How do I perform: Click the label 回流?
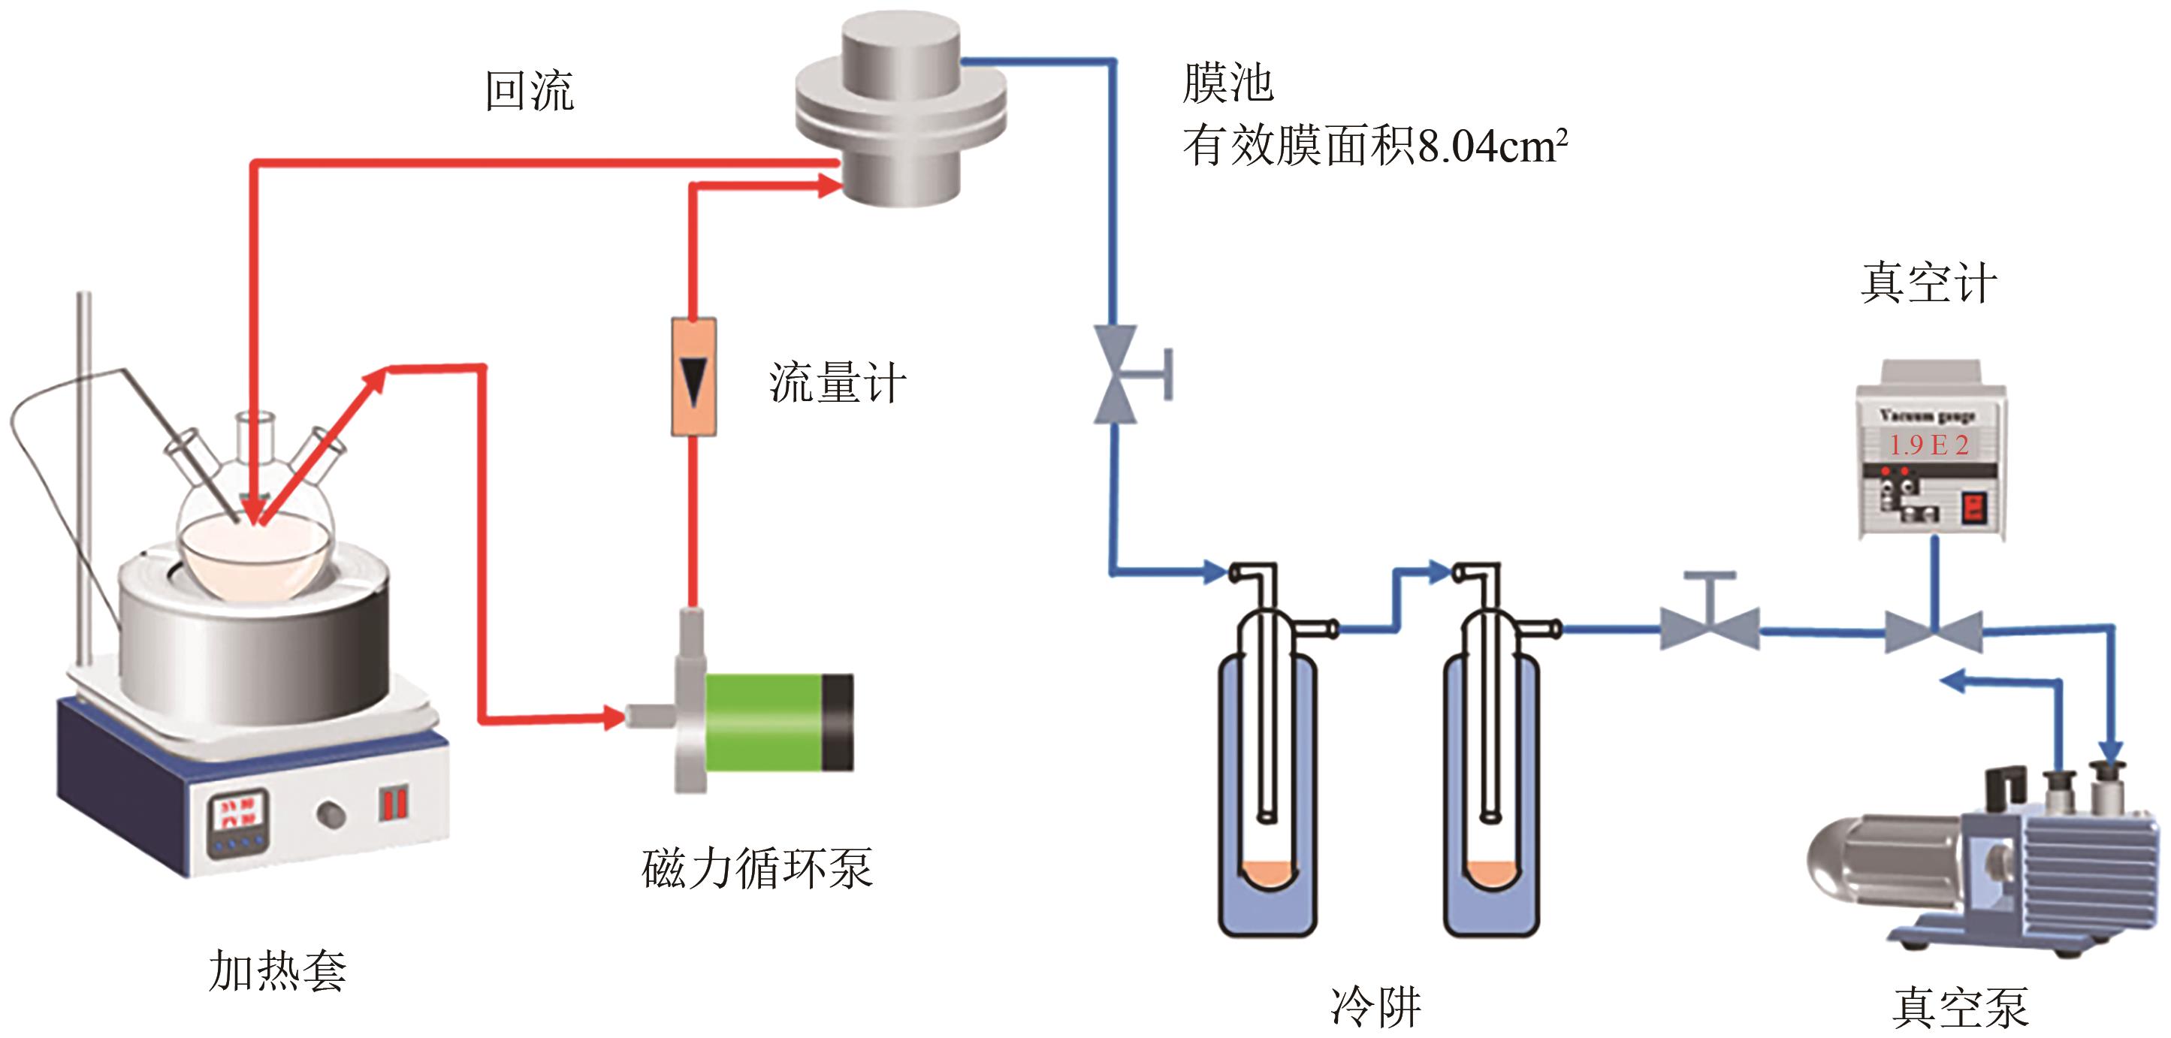tap(530, 91)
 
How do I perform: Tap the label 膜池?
tap(1227, 83)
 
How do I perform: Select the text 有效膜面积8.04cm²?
tap(1375, 146)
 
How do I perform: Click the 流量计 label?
tap(837, 383)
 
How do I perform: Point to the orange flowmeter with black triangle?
tap(693, 376)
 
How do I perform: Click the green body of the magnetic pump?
tap(762, 722)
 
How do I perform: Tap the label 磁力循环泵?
tap(756, 868)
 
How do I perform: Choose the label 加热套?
tap(277, 970)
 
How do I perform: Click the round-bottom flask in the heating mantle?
tap(255, 539)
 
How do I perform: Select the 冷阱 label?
tap(1376, 1006)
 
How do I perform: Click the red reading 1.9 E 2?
tap(1928, 445)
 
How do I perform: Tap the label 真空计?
tap(1928, 283)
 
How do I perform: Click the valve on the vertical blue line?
tap(1116, 374)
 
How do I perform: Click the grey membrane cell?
tap(901, 110)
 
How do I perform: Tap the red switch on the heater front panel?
tap(394, 802)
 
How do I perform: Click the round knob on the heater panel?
tap(331, 814)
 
